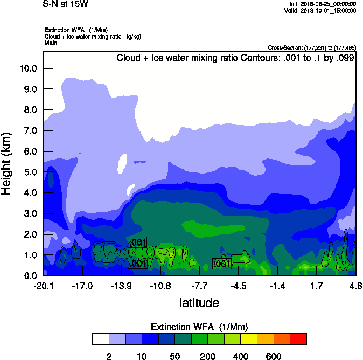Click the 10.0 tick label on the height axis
[x=27, y=68]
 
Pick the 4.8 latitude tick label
[x=355, y=286]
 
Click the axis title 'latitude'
[x=199, y=303]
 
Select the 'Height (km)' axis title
[x=7, y=164]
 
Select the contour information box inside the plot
[x=235, y=58]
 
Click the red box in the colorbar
[x=298, y=339]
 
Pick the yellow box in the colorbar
[x=248, y=339]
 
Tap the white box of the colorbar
[x=100, y=339]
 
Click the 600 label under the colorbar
[x=274, y=356]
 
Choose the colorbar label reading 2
[x=109, y=356]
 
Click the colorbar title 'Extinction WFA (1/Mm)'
[x=199, y=327]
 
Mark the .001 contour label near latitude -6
[x=222, y=264]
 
